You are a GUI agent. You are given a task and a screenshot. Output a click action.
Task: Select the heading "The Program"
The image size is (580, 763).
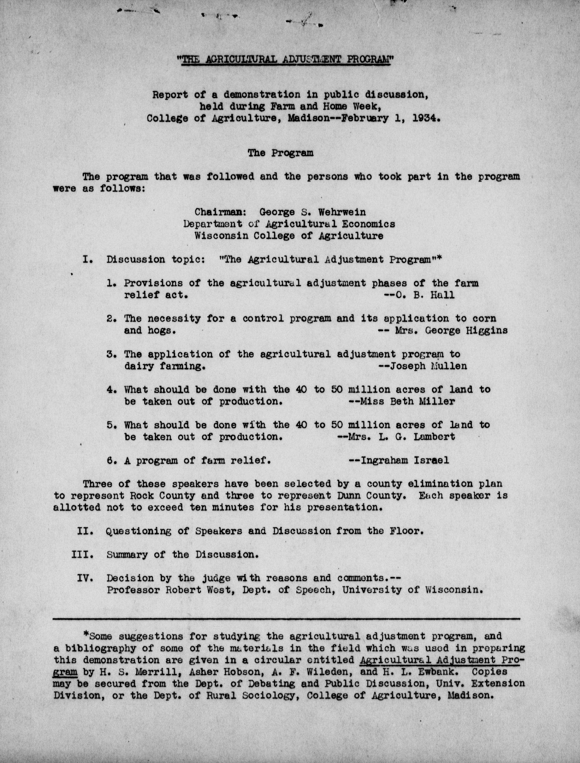280,153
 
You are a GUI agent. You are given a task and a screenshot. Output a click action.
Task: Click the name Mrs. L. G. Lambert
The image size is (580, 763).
401,437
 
